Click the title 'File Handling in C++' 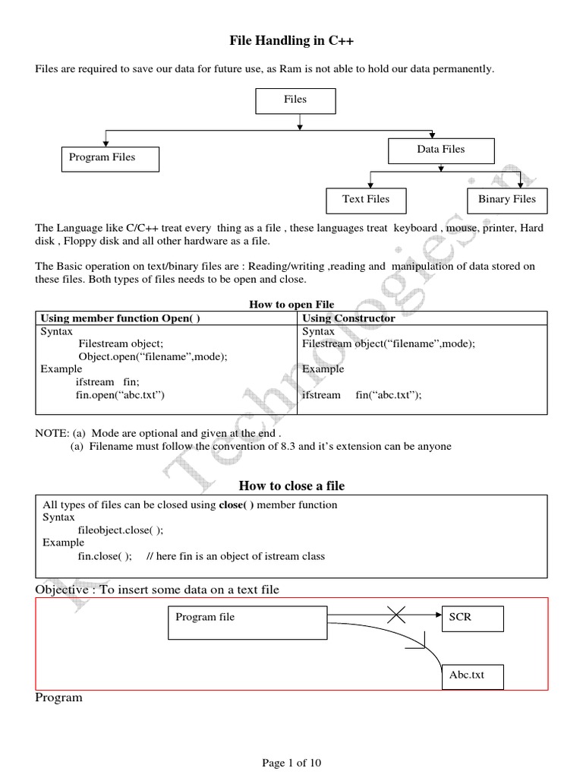292,40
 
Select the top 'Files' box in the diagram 295,100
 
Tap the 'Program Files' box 110,158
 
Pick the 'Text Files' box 366,200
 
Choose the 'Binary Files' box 506,200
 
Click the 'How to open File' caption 291,305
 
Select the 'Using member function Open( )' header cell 120,318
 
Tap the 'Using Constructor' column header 348,318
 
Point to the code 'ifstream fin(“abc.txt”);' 361,395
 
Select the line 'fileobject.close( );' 121,530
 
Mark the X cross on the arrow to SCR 401,616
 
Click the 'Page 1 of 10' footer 291,764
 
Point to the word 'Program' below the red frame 58,697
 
